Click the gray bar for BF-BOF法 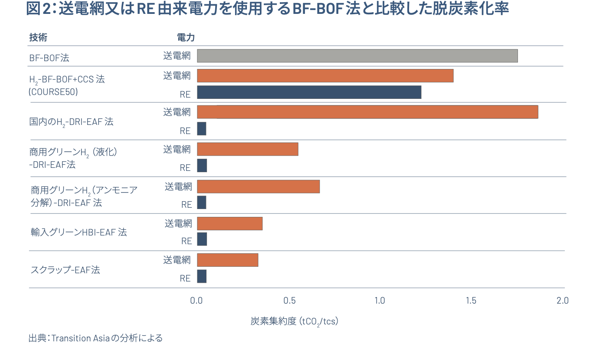point(357,56)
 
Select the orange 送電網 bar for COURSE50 point(325,75)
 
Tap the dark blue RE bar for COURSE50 point(309,92)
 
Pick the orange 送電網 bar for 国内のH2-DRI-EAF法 point(367,112)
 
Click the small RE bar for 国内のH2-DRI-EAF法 point(202,129)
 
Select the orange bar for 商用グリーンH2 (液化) point(248,149)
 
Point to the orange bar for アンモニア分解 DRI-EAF point(258,187)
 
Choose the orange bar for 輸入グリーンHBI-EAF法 point(230,223)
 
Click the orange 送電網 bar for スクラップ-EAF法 point(228,260)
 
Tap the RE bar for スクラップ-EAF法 point(202,277)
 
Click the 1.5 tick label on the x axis point(471,301)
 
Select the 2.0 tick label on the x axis point(562,301)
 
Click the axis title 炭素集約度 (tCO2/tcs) point(294,321)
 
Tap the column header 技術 point(38,37)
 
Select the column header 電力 point(186,37)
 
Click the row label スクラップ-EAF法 point(65,270)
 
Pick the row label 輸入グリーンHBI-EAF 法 point(79,232)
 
